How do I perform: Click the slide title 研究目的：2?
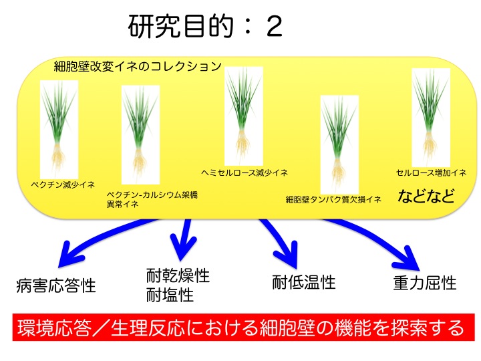205,26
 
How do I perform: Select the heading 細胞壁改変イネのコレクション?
138,66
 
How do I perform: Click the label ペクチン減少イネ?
63,185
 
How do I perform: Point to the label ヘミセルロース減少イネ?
245,172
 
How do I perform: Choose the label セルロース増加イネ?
431,172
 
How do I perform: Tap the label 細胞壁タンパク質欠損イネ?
333,199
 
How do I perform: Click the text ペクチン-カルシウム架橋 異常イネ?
152,199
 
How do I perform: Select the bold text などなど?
426,196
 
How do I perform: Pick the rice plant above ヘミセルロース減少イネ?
244,116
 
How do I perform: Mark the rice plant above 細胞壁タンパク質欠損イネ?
339,144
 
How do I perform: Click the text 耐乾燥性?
178,275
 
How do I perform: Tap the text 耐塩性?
170,295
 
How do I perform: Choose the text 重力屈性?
425,283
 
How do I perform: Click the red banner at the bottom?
244,327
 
